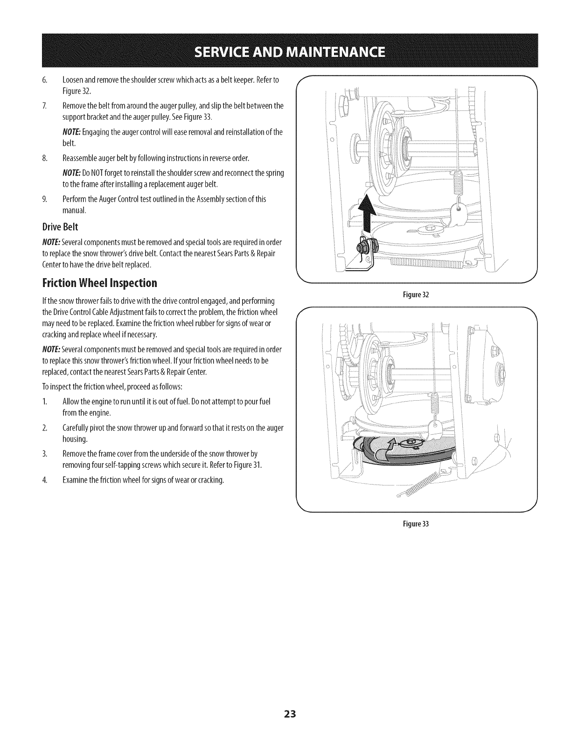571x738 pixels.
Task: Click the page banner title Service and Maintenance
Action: tap(285, 51)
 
